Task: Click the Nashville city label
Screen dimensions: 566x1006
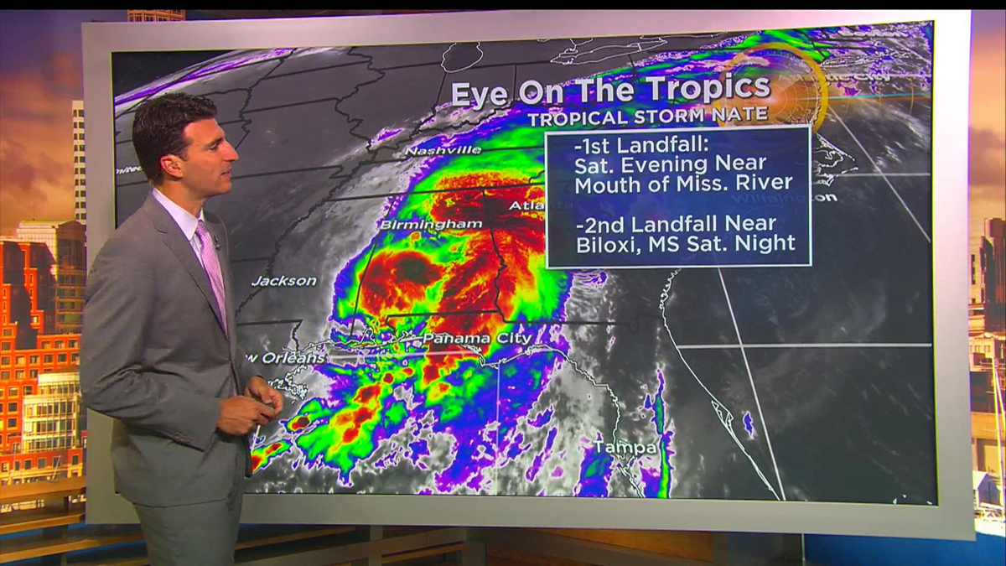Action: point(443,150)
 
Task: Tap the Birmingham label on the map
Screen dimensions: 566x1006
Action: point(431,225)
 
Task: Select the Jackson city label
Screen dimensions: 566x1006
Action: point(284,281)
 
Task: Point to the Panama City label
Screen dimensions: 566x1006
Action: point(476,338)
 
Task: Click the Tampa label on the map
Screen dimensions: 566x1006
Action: point(625,448)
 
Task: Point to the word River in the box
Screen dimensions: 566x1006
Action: point(763,183)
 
